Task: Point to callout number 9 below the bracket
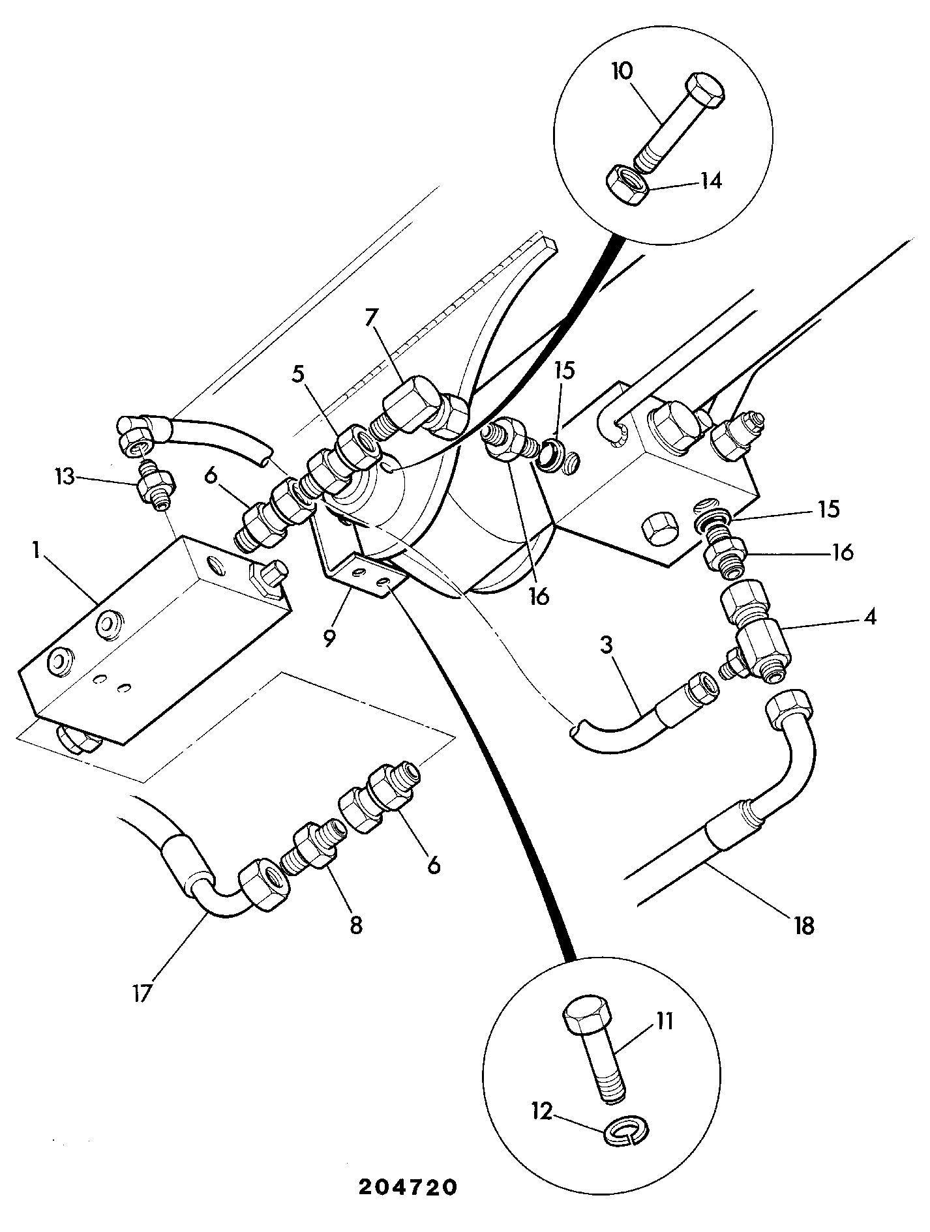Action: click(329, 637)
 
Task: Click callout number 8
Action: click(356, 926)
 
